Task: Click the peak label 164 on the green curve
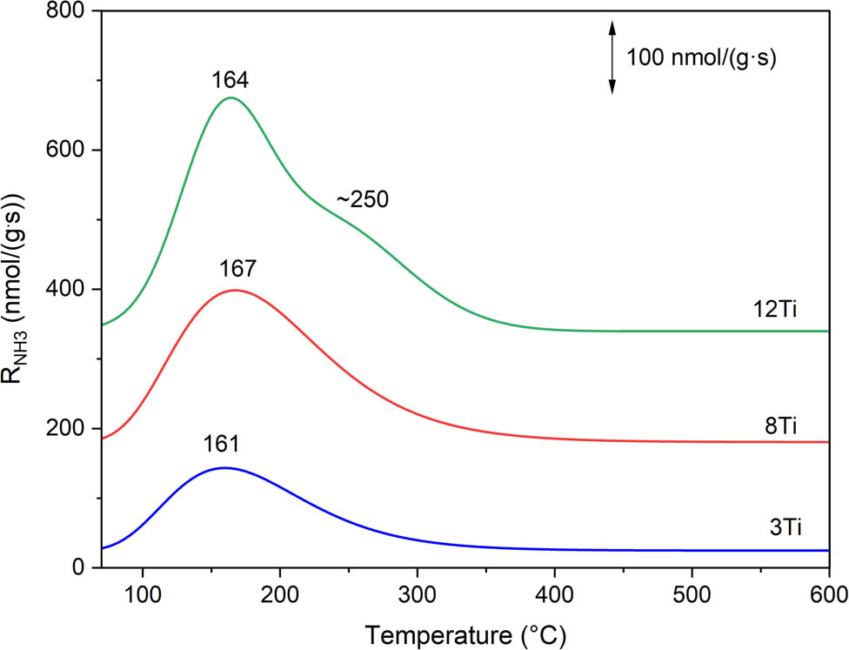231,81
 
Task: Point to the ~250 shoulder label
362,198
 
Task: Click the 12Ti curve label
777,311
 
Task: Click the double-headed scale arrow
612,57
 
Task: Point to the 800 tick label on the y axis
68,11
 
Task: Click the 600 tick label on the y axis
68,151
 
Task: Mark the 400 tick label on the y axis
68,290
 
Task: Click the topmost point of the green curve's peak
231,97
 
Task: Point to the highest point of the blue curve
224,467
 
